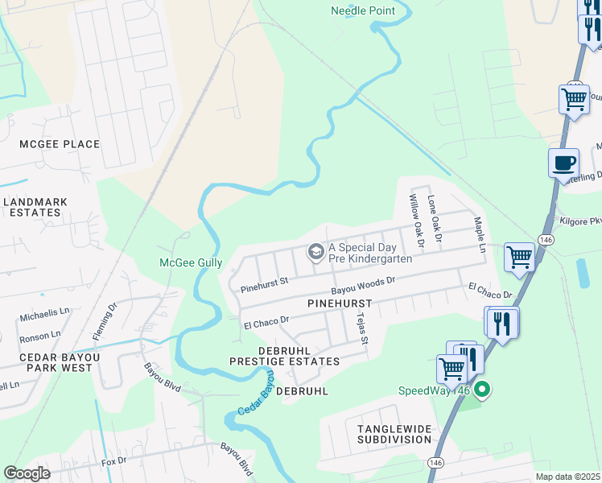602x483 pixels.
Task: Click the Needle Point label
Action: tap(363, 10)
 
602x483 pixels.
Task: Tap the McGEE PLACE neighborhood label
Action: tap(60, 144)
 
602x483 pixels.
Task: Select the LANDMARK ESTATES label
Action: tap(35, 207)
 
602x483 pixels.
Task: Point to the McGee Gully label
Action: tap(192, 262)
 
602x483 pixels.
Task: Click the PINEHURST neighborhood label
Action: tap(338, 303)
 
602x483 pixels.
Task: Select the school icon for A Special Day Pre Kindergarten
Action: tap(315, 253)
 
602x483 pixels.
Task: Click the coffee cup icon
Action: tap(563, 162)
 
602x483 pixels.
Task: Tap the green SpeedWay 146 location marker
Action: tap(482, 391)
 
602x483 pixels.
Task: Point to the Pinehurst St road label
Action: tap(265, 286)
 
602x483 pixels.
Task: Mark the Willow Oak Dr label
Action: tap(416, 219)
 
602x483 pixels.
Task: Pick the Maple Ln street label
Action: tap(480, 234)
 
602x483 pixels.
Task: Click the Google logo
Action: tap(27, 473)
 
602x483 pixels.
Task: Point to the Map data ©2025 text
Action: tap(567, 477)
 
